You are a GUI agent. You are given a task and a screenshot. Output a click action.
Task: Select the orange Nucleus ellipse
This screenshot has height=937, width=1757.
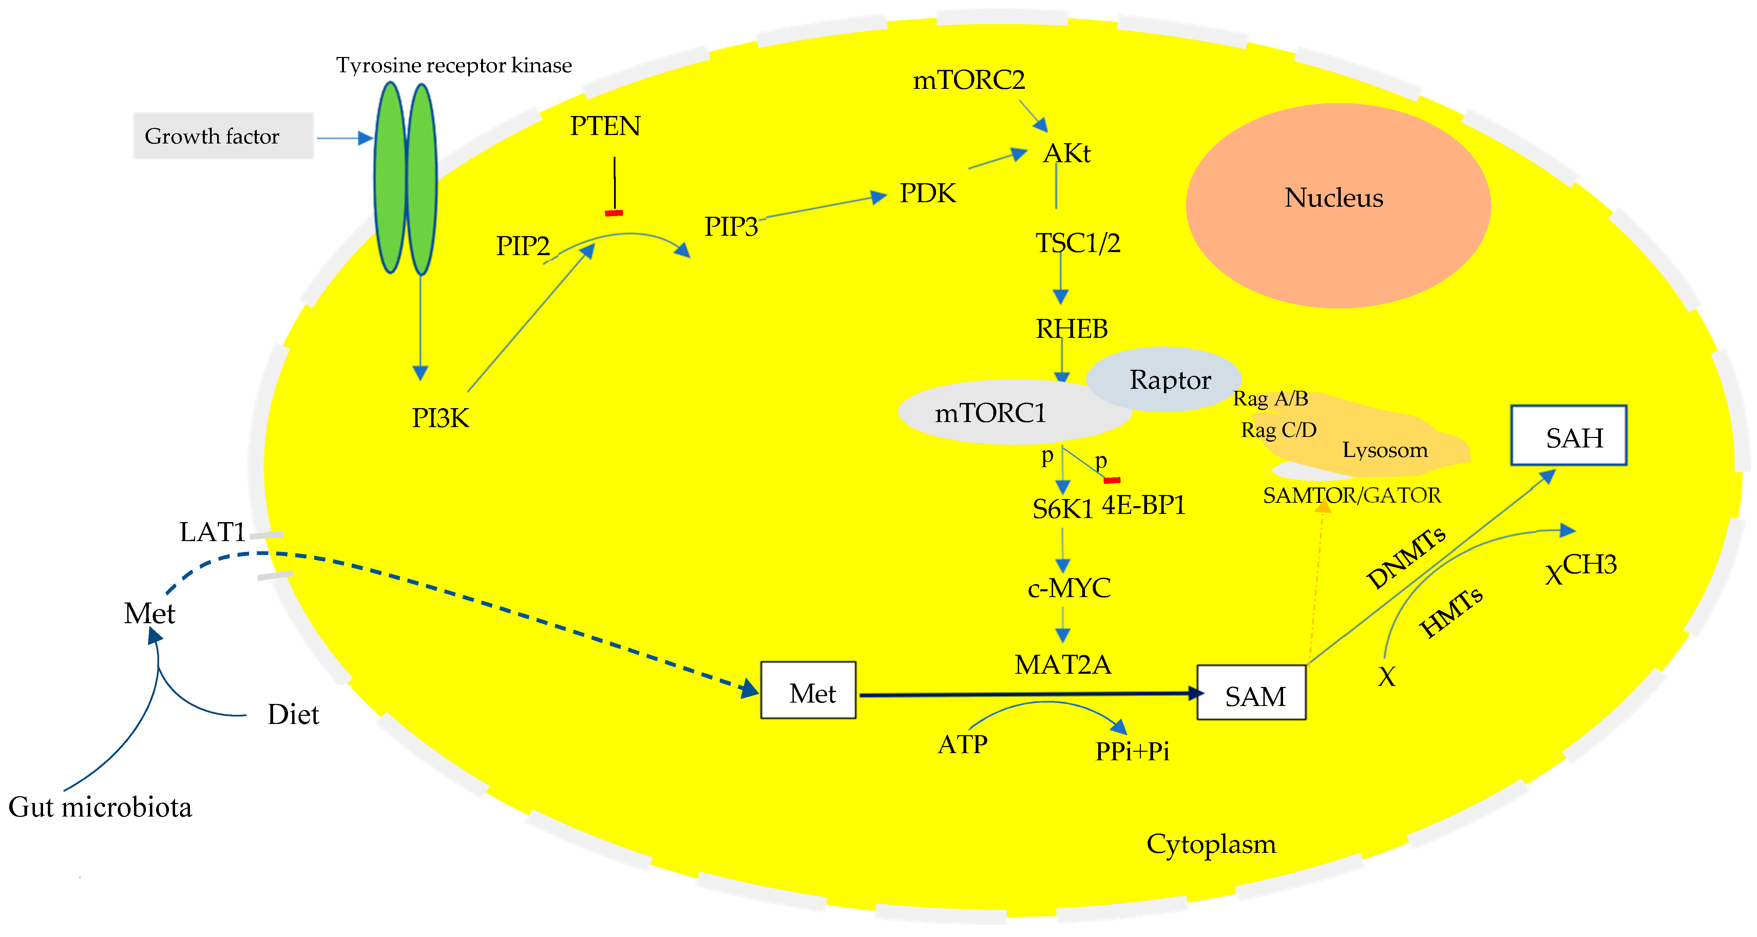click(1337, 205)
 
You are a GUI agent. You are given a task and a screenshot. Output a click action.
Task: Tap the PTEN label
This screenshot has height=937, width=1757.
click(605, 126)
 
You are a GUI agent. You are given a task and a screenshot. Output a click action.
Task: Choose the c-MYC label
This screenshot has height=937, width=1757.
click(1069, 588)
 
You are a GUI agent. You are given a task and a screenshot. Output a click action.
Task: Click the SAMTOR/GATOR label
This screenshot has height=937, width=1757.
click(1352, 495)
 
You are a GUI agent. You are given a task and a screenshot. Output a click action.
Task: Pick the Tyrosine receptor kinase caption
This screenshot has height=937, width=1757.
click(454, 65)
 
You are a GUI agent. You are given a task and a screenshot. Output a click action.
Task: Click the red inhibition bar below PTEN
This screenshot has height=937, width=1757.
click(614, 213)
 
